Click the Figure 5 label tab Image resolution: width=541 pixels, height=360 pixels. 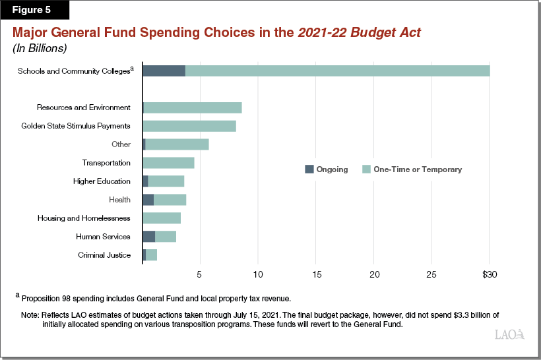pyautogui.click(x=30, y=11)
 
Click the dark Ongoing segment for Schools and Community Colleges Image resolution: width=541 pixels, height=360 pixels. pyautogui.click(x=164, y=71)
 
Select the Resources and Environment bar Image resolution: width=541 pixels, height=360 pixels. pyautogui.click(x=193, y=107)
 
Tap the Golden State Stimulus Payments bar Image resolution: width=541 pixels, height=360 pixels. pyautogui.click(x=189, y=126)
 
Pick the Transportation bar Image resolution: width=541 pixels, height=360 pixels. pyautogui.click(x=168, y=163)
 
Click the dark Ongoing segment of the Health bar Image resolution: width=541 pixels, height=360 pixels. pyautogui.click(x=148, y=200)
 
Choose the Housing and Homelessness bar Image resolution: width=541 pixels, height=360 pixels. pyautogui.click(x=162, y=218)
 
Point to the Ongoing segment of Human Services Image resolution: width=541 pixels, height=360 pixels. pyautogui.click(x=148, y=237)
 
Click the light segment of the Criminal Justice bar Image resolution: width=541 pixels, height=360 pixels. pyautogui.click(x=152, y=255)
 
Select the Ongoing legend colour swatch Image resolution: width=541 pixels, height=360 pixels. pyautogui.click(x=309, y=169)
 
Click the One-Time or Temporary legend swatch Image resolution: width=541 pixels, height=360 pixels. pyautogui.click(x=367, y=169)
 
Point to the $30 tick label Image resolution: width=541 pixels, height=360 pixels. pyautogui.click(x=490, y=274)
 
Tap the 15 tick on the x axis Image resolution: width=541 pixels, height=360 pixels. pyautogui.click(x=316, y=274)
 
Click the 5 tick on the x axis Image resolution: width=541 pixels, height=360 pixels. pyautogui.click(x=200, y=274)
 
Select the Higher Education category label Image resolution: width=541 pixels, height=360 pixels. pyautogui.click(x=102, y=181)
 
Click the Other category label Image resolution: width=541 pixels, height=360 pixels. pyautogui.click(x=121, y=144)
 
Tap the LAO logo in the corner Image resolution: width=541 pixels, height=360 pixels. pyautogui.click(x=509, y=335)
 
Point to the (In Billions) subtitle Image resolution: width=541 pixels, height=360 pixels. pyautogui.click(x=40, y=48)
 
